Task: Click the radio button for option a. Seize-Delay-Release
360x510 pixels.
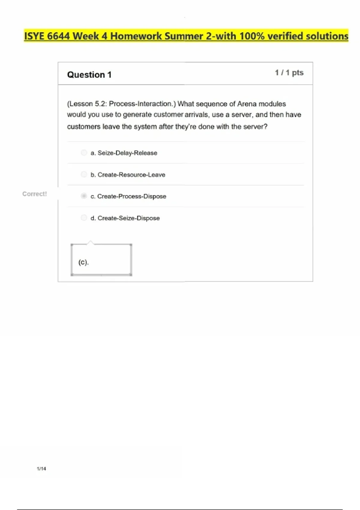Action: pos(84,153)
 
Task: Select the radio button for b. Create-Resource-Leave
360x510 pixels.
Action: pos(84,174)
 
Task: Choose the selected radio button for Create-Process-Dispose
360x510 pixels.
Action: pos(84,196)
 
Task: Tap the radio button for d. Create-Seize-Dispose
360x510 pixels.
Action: pos(84,217)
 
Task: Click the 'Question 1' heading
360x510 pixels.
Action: pos(89,75)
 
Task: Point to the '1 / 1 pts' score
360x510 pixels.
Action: pos(289,73)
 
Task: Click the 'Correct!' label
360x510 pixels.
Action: pos(34,194)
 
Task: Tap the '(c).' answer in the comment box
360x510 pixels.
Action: pos(83,262)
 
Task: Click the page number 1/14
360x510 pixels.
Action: pos(41,469)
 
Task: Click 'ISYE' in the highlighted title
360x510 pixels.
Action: pos(34,36)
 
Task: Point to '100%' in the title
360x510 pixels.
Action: pos(252,36)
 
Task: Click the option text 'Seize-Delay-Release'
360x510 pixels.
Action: pos(127,153)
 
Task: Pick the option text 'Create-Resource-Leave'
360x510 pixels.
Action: pos(131,175)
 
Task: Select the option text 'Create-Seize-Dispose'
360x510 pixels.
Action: pos(129,218)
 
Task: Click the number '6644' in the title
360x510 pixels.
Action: pos(58,36)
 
